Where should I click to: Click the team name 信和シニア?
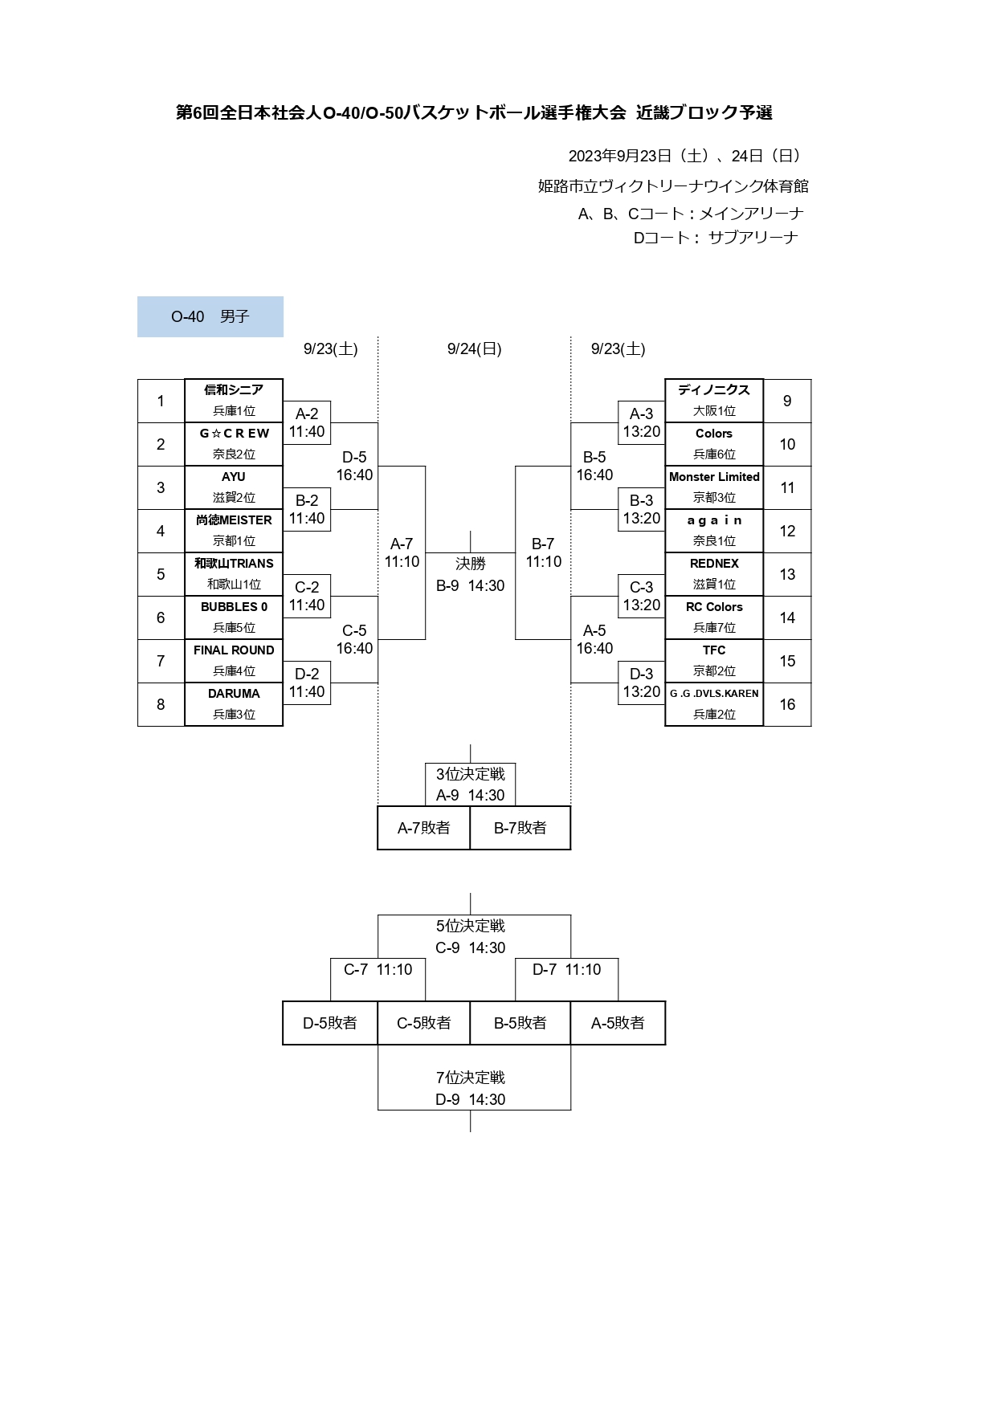[234, 390]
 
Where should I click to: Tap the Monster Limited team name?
[714, 477]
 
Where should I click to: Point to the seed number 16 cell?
[787, 705]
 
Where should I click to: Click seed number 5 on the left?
[161, 575]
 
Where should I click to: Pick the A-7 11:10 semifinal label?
[402, 553]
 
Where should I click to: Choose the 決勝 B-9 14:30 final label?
[471, 575]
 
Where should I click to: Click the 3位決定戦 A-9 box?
[471, 784]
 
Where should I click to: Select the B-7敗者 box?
[520, 828]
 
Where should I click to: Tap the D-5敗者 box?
[330, 1023]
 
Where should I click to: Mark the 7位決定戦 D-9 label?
[471, 1089]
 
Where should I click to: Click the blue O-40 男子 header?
[210, 317]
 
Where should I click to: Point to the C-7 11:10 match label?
[378, 970]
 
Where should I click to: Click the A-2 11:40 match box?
[307, 423]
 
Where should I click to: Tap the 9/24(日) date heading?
[475, 349]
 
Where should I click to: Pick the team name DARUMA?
[234, 694]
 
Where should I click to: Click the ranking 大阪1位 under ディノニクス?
[714, 411]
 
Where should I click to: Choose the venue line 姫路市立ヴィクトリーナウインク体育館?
[673, 186]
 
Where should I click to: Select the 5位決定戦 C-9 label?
[471, 937]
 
